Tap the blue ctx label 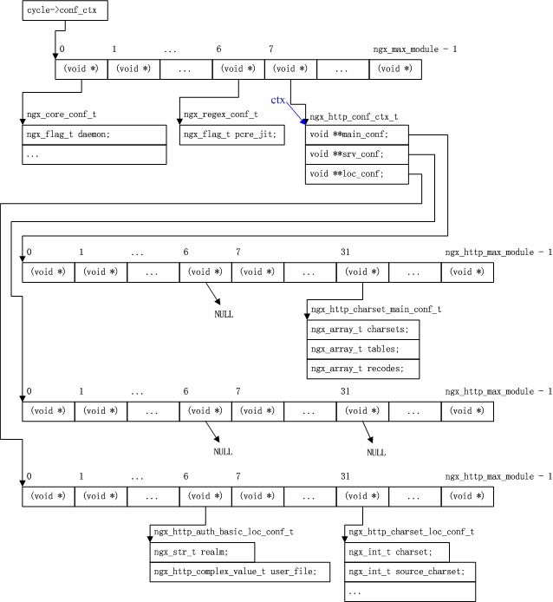pyautogui.click(x=278, y=101)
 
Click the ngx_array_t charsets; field pyautogui.click(x=362, y=330)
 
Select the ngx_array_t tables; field pyautogui.click(x=362, y=349)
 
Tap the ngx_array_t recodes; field pyautogui.click(x=362, y=369)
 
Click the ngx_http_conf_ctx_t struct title pyautogui.click(x=353, y=115)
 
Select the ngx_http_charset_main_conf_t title pyautogui.click(x=375, y=310)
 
